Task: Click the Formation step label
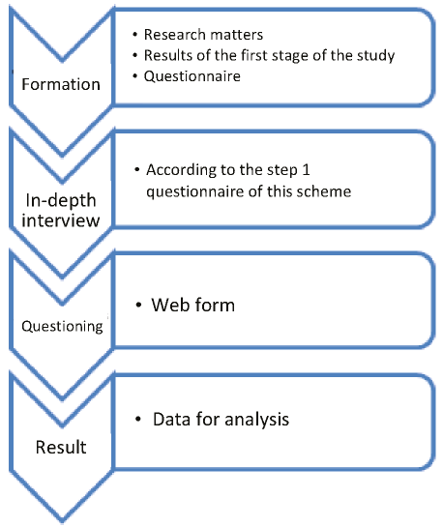coord(61,84)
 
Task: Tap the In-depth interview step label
coord(61,211)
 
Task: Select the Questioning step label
coord(62,326)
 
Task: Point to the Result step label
coord(61,447)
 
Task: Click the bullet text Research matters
coord(203,35)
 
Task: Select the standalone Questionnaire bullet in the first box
coord(192,76)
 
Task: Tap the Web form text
coord(192,305)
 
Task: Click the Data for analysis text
coord(221,420)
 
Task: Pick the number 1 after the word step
coord(306,170)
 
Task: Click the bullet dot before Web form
coord(138,306)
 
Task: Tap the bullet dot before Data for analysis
coord(137,419)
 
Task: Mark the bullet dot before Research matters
coord(135,34)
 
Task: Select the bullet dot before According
coord(136,170)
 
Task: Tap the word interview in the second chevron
coord(61,220)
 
